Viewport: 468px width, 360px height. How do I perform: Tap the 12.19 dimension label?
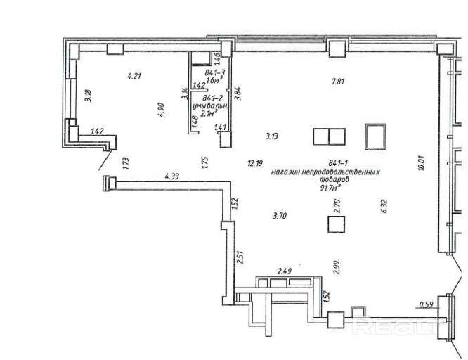pos(254,163)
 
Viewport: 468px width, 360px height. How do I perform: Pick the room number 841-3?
pos(215,72)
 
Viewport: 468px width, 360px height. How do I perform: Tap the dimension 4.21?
pos(134,75)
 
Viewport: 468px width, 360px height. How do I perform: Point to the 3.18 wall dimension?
pos(88,94)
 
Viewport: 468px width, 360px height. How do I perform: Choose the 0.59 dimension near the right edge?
pos(425,304)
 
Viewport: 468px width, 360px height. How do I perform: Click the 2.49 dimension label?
pos(284,270)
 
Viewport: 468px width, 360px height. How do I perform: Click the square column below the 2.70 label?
pos(337,224)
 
